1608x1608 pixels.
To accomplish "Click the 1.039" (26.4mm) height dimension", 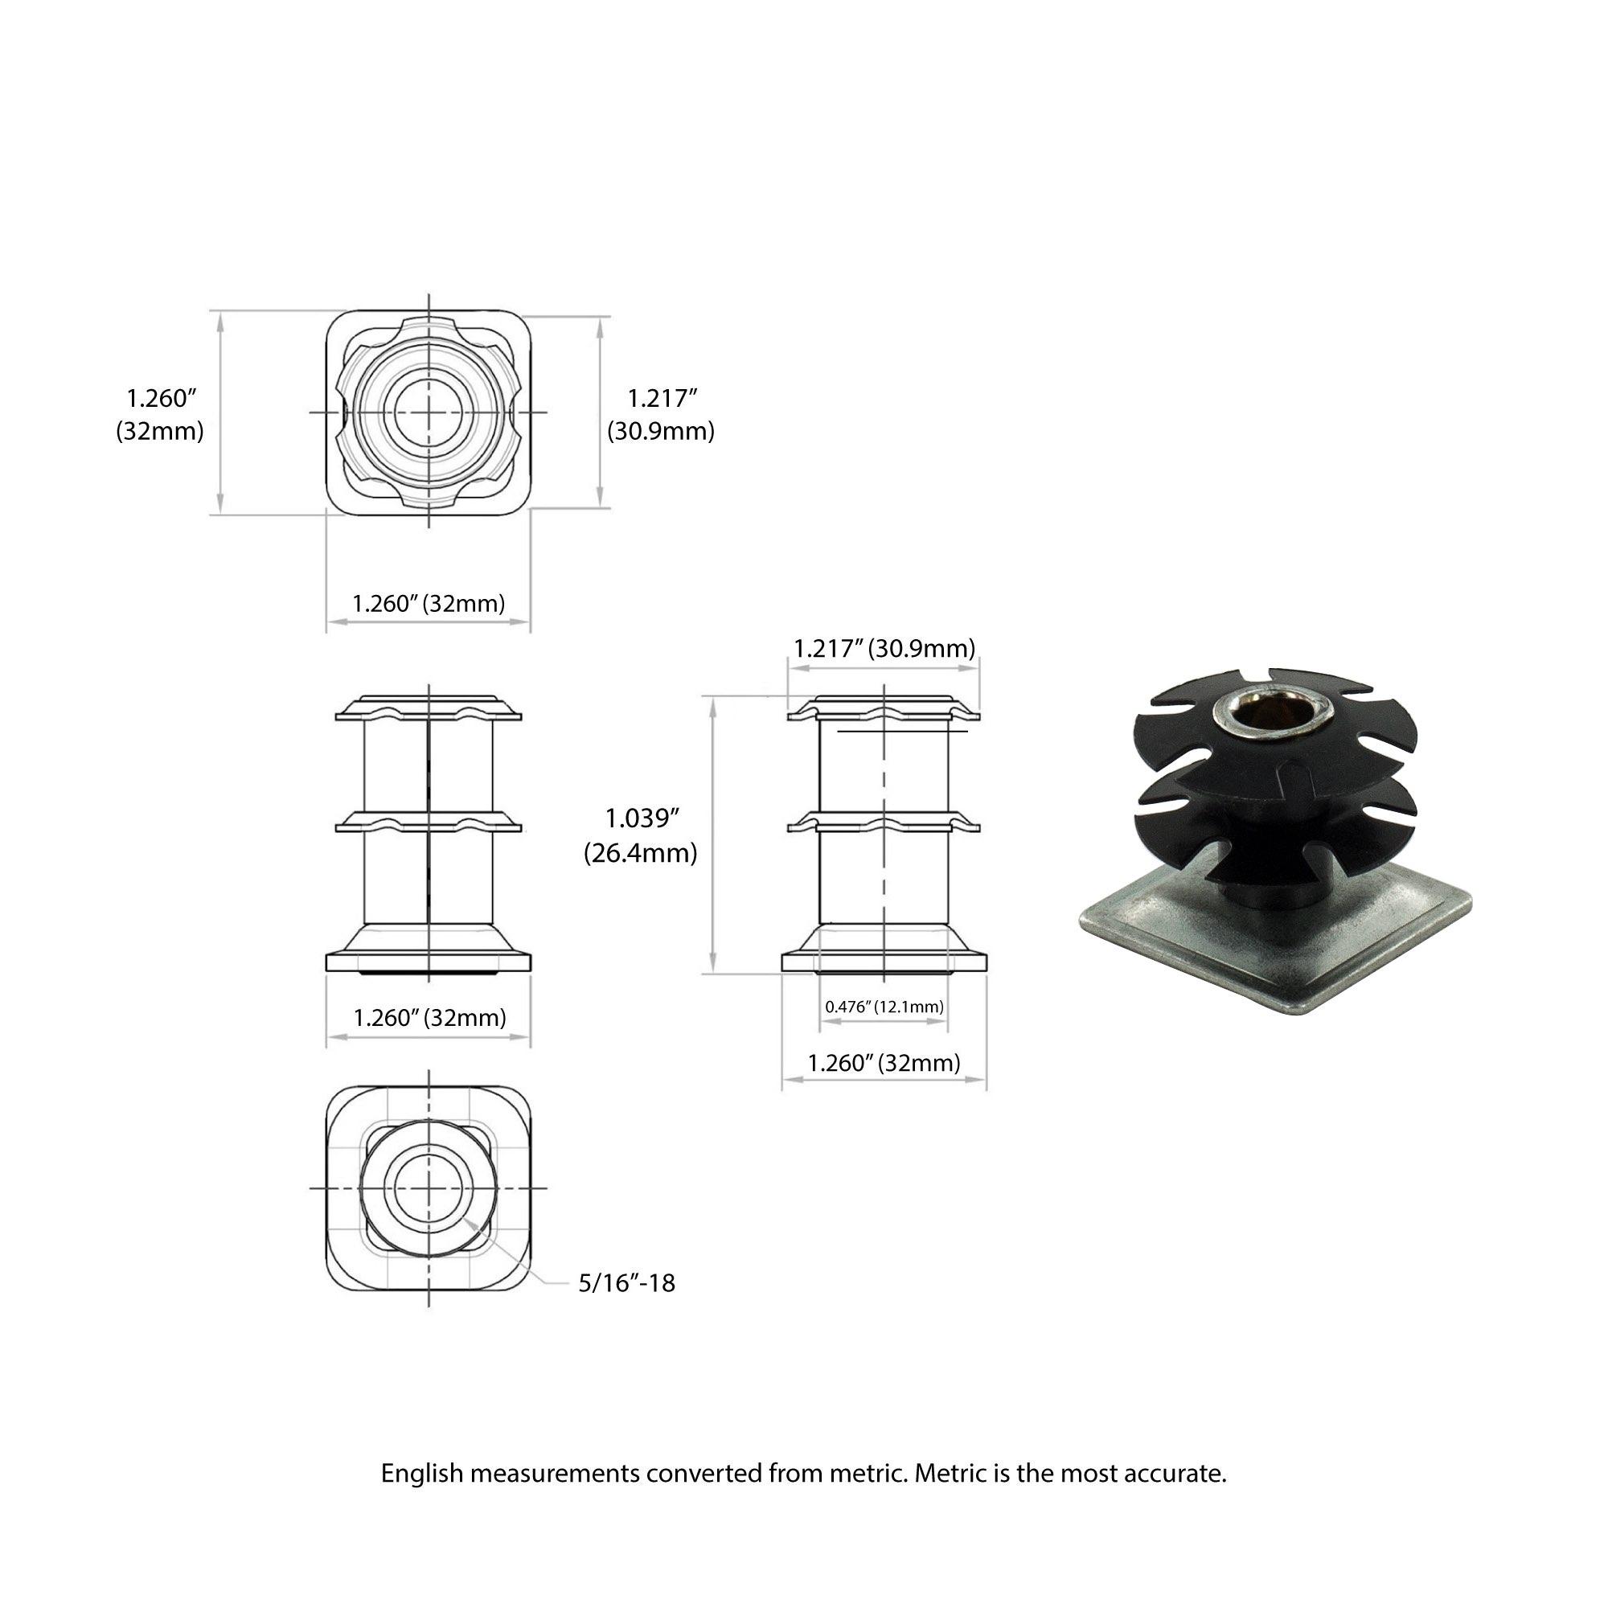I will click(x=639, y=835).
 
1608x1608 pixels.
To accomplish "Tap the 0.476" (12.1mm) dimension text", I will click(x=884, y=1007).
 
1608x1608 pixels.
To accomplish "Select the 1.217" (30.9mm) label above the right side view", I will click(x=884, y=647).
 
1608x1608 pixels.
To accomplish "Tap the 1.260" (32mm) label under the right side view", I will click(x=884, y=1063).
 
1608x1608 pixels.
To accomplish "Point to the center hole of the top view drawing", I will click(x=429, y=412).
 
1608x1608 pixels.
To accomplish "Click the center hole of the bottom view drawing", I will click(x=429, y=1188).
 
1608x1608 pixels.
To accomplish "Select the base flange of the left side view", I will click(x=429, y=962).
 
